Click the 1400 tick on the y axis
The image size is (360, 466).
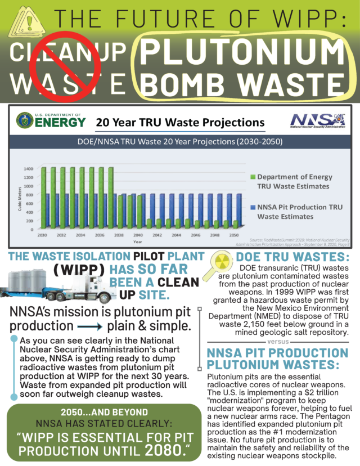(x=27, y=168)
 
